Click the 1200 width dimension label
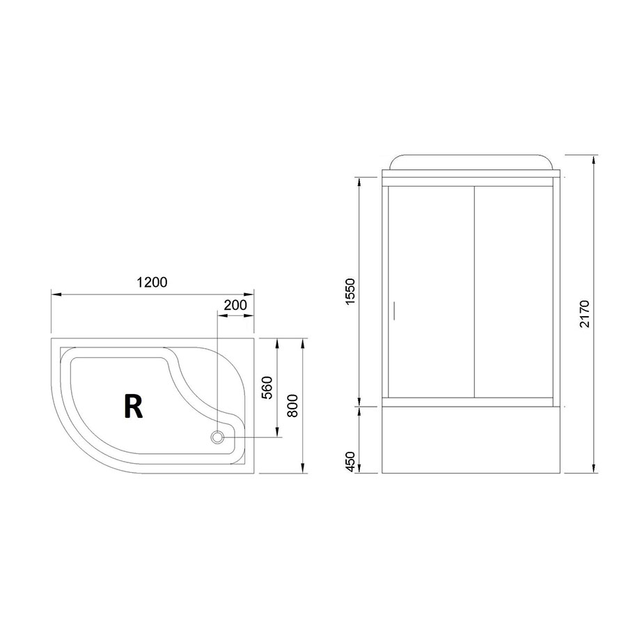152,282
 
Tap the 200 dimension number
235,304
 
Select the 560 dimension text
266,388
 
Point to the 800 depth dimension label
292,406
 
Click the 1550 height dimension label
350,292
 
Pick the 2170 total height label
584,313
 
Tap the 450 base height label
350,461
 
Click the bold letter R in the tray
133,406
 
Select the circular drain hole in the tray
217,437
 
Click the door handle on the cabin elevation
393,311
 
